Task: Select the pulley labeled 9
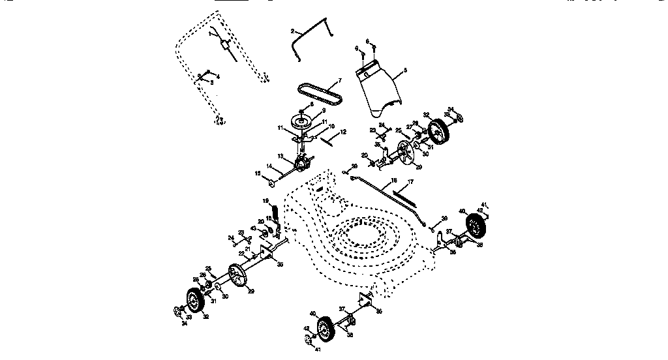(x=301, y=122)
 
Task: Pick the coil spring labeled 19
(x=275, y=212)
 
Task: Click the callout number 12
(x=344, y=132)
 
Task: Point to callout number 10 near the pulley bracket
(x=331, y=127)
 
